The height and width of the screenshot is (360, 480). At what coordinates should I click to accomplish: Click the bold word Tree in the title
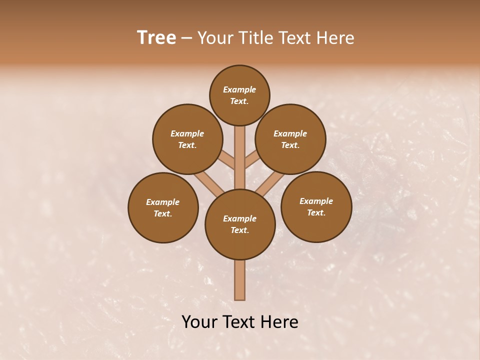156,38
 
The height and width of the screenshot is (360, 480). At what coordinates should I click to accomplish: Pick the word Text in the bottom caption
239,322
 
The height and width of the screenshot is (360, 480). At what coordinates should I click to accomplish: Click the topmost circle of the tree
239,95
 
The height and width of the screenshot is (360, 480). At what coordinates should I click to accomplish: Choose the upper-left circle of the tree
187,139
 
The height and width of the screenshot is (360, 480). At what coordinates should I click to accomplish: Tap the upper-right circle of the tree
290,139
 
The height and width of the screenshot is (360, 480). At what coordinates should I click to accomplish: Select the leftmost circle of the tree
163,207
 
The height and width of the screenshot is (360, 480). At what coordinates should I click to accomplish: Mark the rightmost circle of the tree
316,206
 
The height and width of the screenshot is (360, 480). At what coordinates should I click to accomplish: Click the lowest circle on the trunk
240,224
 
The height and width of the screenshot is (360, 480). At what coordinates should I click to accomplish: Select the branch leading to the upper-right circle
251,160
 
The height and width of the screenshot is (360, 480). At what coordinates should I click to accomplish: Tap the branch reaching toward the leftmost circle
207,182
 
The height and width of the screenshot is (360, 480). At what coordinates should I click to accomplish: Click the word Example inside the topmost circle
239,89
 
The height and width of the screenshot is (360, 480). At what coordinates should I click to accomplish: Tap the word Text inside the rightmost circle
316,212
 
